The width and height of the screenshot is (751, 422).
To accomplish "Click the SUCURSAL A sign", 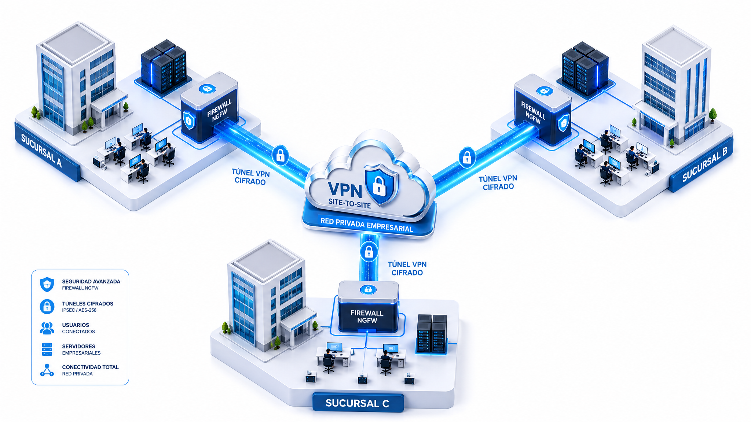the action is coord(47,151).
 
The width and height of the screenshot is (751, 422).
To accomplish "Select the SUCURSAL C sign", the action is coord(358,403).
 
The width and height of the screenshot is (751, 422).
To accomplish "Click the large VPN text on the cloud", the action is coord(345,190).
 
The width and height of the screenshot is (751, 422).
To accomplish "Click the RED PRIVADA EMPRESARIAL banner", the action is coord(367,225).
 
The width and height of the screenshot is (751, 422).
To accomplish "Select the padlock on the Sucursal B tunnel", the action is coord(467,157).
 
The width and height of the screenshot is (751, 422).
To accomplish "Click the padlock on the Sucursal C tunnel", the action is coord(369,252).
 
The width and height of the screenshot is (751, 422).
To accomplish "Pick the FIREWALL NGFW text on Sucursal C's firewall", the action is coord(367,316).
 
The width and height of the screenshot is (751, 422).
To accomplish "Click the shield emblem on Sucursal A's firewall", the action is coord(189,121).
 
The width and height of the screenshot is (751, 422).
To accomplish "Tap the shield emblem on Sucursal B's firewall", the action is coord(563,123).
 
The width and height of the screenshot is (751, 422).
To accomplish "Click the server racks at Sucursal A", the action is coord(164,66).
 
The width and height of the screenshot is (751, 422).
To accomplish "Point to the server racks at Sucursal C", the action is coord(432,334).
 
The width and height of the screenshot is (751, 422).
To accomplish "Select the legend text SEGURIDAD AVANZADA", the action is coord(91,281).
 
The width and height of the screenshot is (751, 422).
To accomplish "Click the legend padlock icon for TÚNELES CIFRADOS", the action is coord(47,306).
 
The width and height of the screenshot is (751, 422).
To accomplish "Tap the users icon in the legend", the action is coord(47,328).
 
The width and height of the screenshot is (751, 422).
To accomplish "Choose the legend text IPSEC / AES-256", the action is coord(79,310).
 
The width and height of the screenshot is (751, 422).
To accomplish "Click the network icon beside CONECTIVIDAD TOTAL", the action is coord(47,370).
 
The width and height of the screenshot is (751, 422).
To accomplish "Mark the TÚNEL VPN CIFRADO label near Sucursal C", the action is coord(407,269).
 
